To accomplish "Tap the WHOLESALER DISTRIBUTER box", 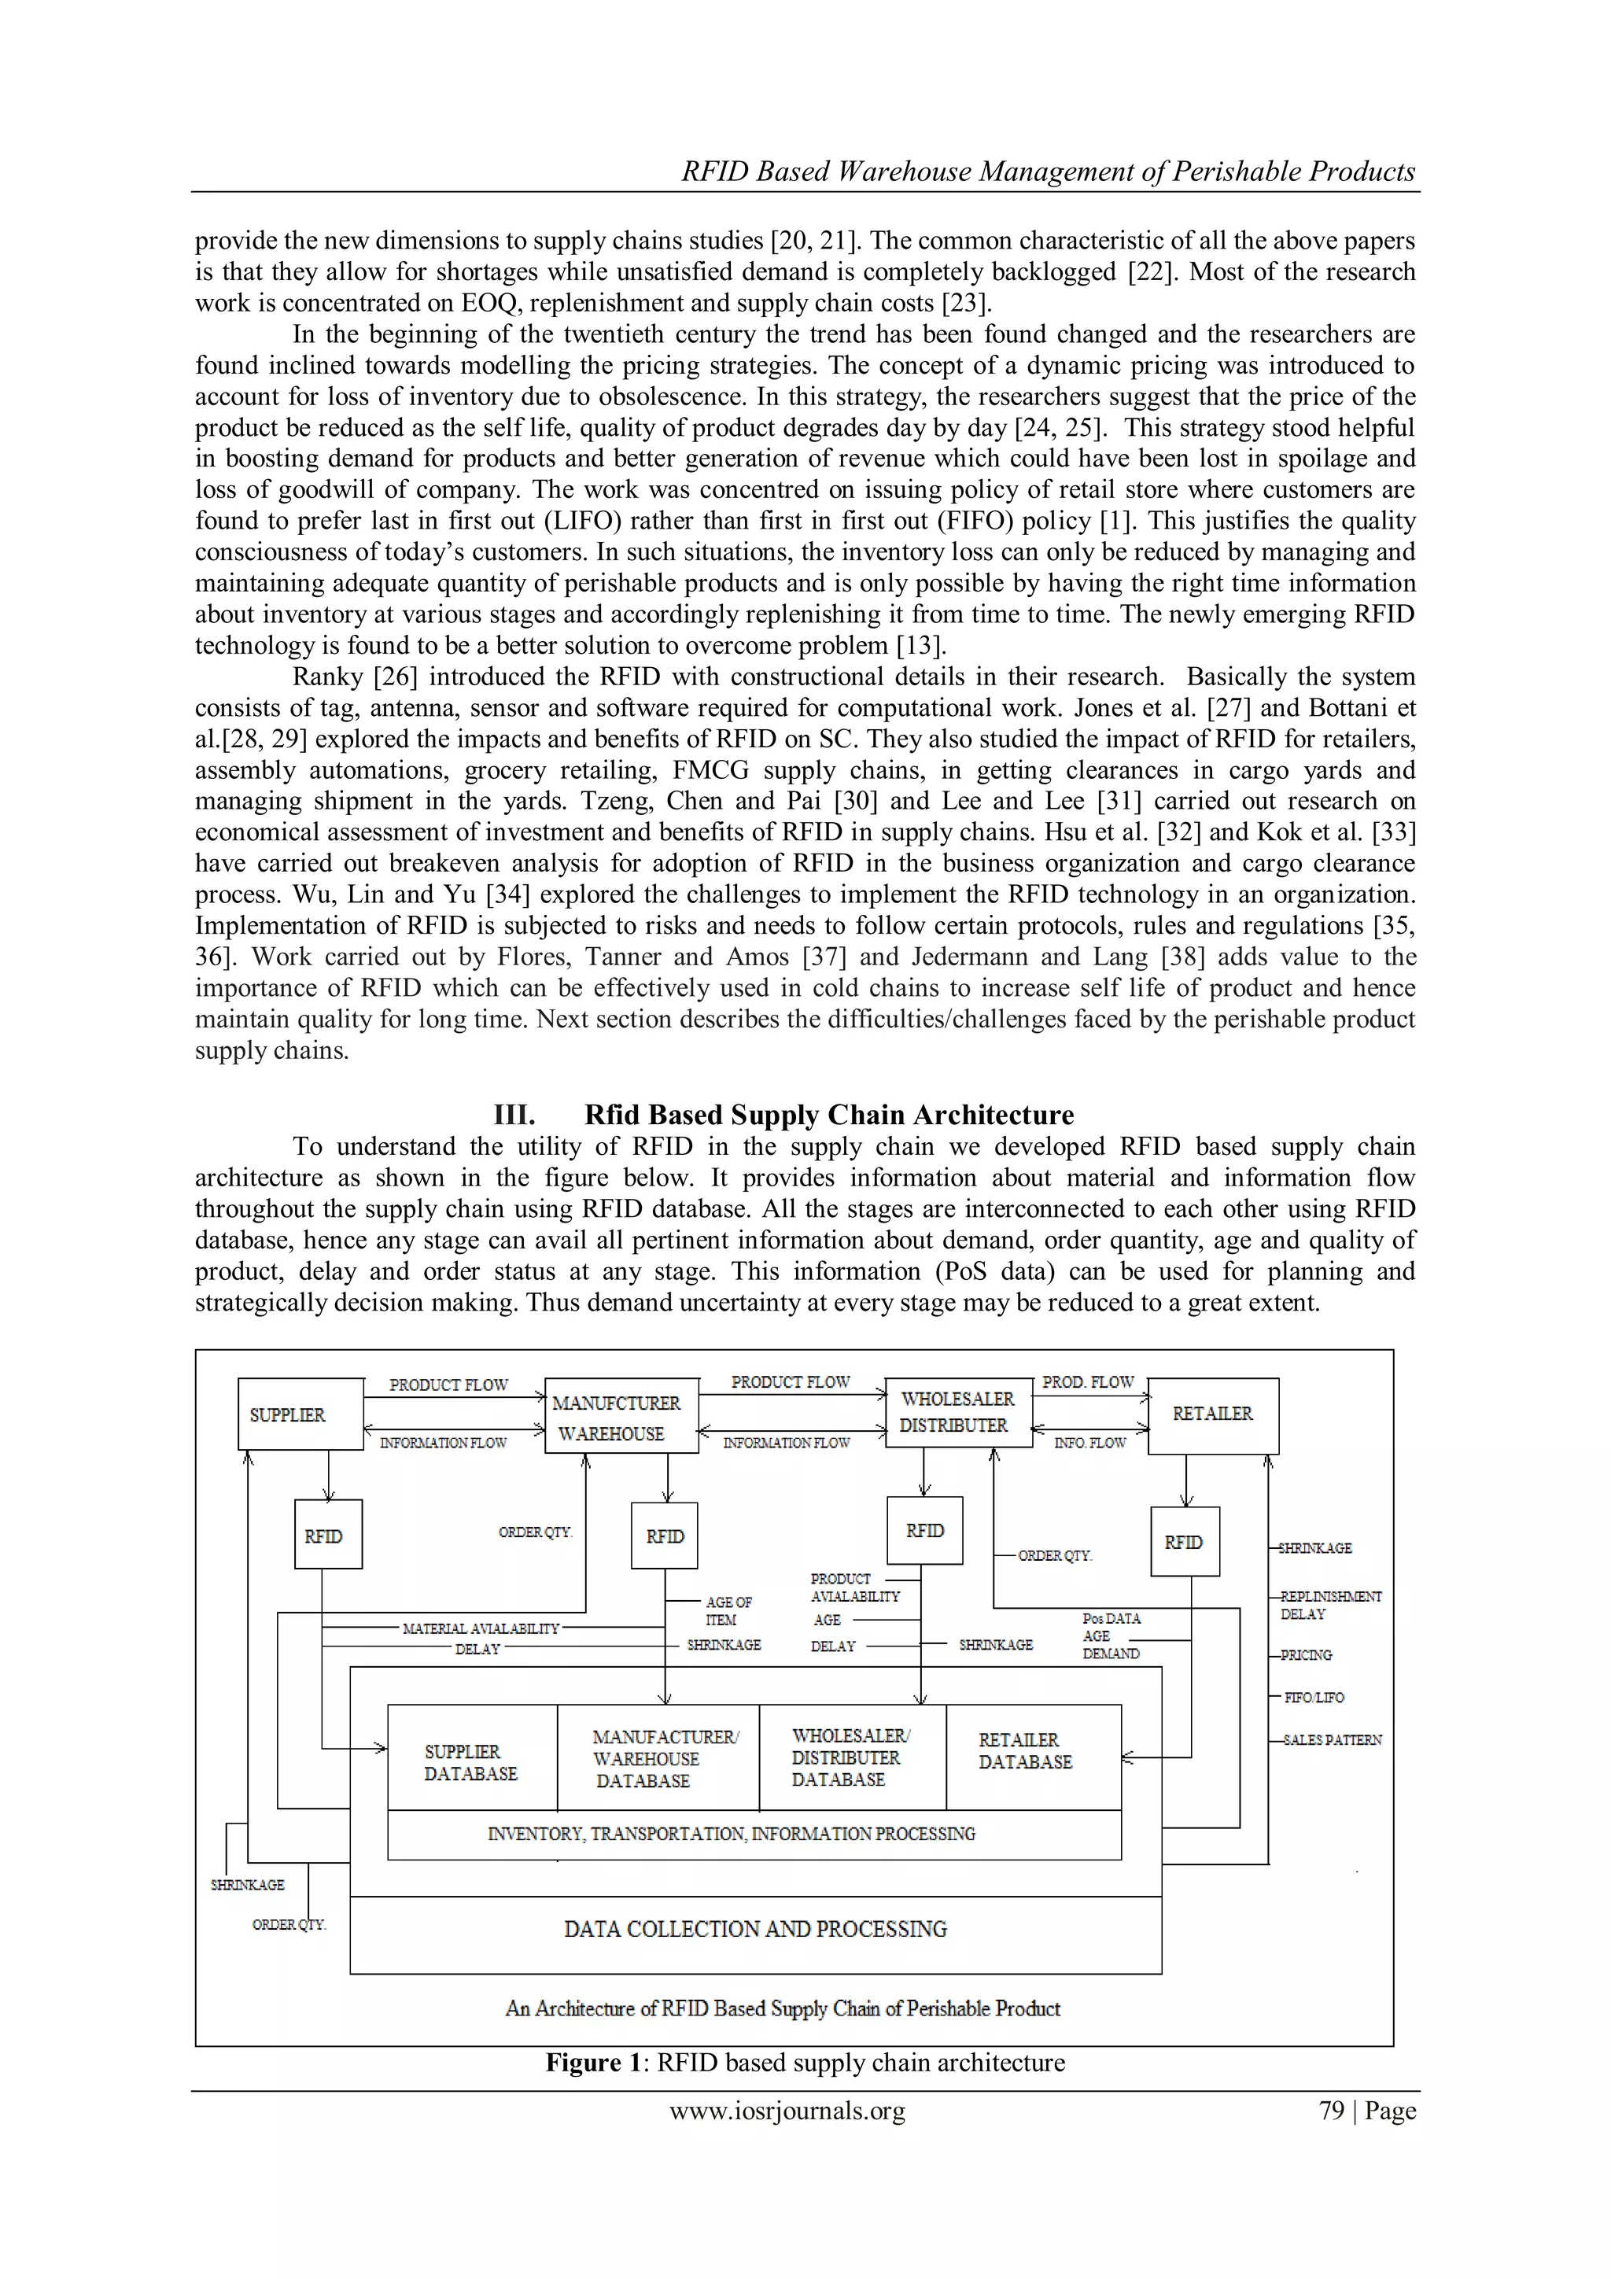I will [957, 1411].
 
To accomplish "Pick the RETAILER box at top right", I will [1212, 1414].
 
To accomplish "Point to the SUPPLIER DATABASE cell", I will [470, 1762].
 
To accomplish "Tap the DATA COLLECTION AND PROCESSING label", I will [755, 1929].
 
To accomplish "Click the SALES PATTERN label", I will [1331, 1740].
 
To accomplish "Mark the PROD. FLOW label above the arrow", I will [1087, 1381].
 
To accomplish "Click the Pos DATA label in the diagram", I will [1111, 1618].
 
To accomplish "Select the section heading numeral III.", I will [514, 1115].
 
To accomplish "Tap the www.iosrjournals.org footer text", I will [787, 2111].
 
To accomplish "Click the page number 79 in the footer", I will [1331, 2111].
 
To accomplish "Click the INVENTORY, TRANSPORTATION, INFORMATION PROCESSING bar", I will [732, 1833].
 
